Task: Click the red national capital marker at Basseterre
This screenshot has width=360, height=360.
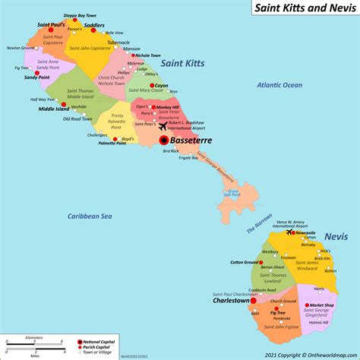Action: click(x=163, y=141)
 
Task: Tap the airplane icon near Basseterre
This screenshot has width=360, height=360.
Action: click(x=163, y=126)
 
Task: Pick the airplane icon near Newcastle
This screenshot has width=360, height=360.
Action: click(x=290, y=233)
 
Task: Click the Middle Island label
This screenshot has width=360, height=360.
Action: click(x=53, y=109)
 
